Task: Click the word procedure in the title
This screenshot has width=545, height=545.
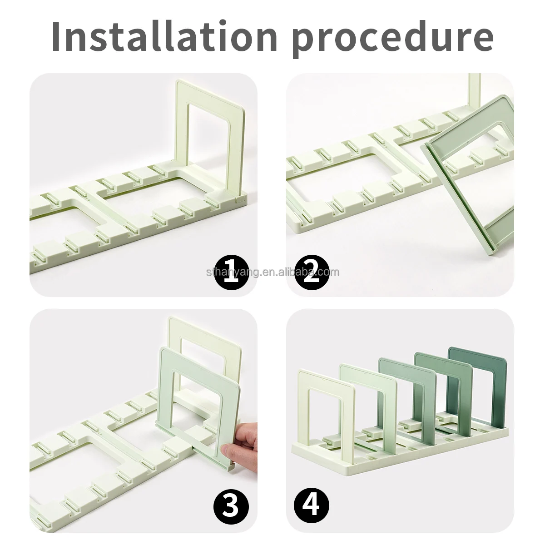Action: point(392,37)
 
